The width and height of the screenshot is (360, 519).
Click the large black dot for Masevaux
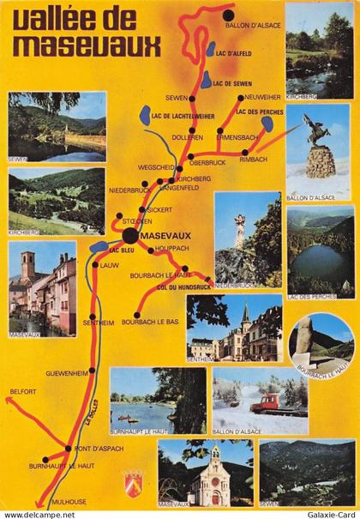(129, 236)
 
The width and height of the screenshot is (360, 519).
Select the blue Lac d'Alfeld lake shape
(211, 49)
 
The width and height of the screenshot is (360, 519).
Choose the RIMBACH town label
(255, 160)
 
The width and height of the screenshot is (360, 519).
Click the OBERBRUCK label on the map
(207, 161)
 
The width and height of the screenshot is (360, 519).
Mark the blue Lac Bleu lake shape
(99, 247)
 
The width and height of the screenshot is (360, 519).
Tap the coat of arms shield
(132, 481)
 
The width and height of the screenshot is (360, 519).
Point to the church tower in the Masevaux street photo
(28, 267)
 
